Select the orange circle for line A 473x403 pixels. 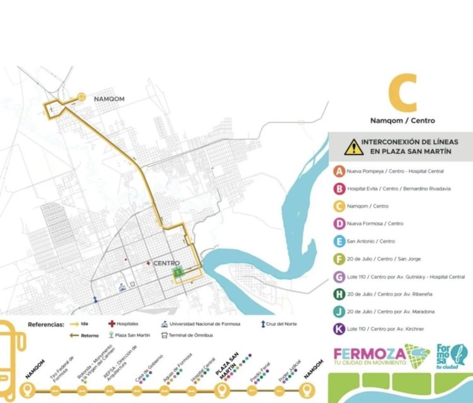[x=340, y=171]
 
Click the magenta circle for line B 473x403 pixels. [x=340, y=188]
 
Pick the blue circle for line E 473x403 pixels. [x=340, y=240]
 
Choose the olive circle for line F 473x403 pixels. [x=340, y=258]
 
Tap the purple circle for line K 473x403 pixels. [x=340, y=328]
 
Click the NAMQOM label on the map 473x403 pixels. [x=111, y=99]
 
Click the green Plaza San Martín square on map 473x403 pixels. [x=178, y=272]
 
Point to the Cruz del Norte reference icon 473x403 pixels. [x=261, y=324]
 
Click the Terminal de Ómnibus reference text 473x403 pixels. [x=191, y=335]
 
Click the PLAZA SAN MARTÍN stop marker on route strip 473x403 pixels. [x=221, y=391]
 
